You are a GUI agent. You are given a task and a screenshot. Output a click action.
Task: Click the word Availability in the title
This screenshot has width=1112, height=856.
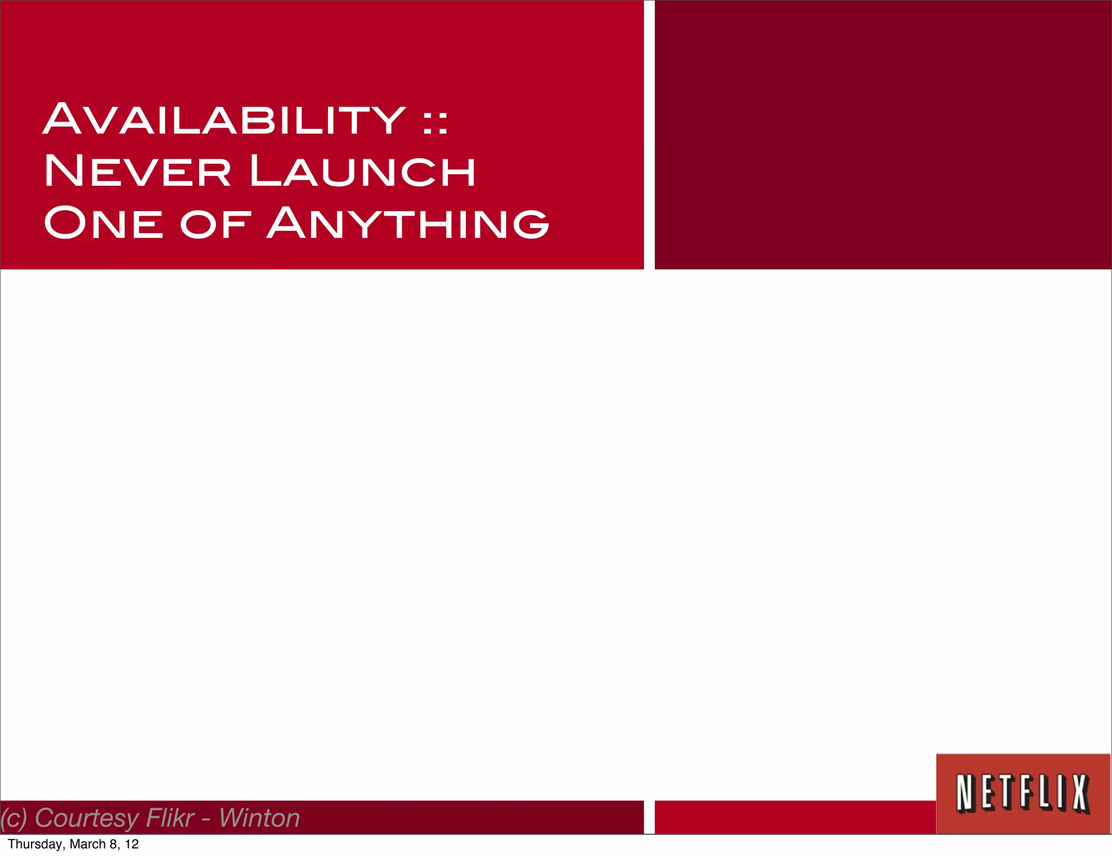coord(224,119)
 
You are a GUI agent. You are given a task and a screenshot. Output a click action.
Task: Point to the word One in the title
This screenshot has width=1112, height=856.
coord(103,223)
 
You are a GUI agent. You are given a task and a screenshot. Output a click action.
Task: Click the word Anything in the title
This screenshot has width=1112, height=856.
coord(408,223)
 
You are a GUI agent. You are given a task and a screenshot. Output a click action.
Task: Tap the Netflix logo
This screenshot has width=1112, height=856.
coord(1023,793)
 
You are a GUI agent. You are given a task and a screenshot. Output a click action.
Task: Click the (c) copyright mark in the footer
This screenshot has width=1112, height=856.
coord(13,819)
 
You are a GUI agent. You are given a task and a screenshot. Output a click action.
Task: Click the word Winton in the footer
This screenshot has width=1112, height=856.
coord(259,818)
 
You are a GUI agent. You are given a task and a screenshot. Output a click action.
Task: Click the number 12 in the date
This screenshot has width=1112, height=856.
coord(131,844)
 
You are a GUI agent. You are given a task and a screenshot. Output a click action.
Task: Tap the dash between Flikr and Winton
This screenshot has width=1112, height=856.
coord(206,820)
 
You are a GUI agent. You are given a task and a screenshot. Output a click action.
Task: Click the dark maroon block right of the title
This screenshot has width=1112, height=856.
coord(883,135)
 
